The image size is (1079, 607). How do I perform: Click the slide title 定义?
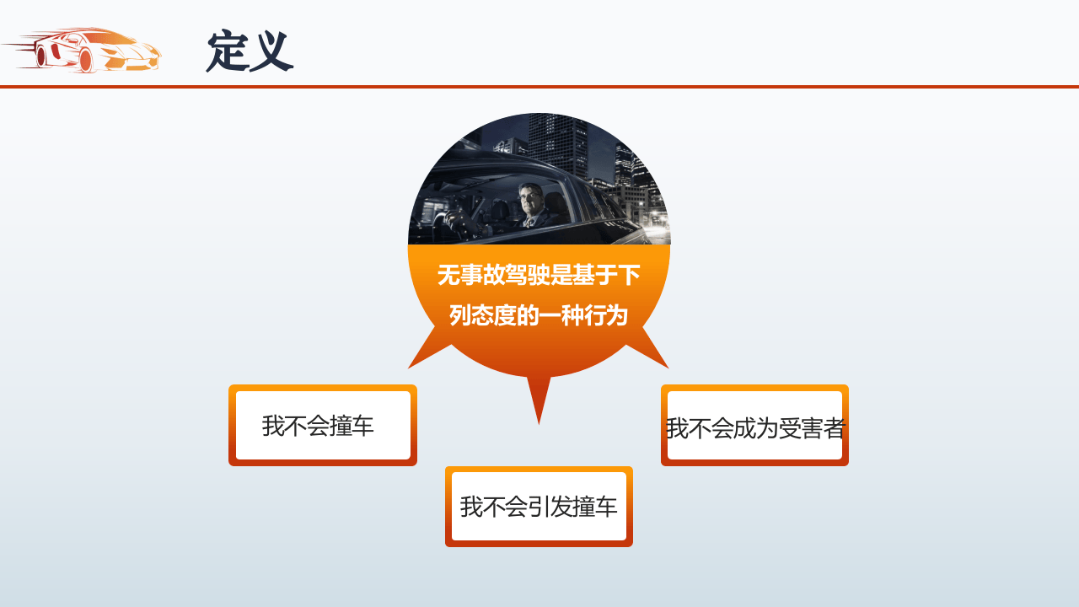(x=250, y=51)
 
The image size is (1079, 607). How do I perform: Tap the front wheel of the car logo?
(x=85, y=60)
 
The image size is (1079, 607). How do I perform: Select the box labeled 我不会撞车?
(x=323, y=426)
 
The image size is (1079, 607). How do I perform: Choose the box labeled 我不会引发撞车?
(x=539, y=507)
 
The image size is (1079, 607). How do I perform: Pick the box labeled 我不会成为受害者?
(x=754, y=426)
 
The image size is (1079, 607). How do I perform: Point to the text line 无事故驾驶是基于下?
(x=539, y=275)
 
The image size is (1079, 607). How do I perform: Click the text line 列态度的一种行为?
(x=539, y=315)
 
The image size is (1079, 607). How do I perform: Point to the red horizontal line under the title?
(x=539, y=86)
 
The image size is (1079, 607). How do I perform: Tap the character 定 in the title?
(x=227, y=51)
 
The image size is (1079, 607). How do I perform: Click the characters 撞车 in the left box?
(x=352, y=426)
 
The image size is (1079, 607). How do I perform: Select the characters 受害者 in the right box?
(x=811, y=428)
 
